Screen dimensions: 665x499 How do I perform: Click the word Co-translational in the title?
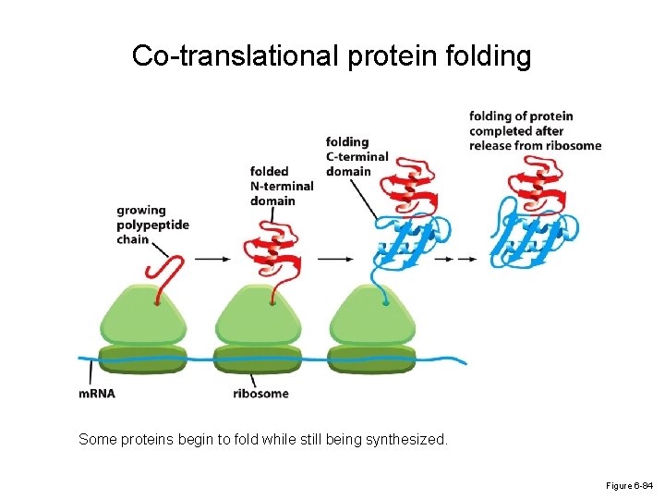[x=236, y=56]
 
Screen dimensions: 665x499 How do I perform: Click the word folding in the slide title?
[x=484, y=56]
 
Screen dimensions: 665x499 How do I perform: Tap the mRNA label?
[x=97, y=394]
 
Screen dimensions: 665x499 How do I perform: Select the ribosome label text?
[x=260, y=394]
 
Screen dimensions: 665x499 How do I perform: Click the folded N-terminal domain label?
[x=281, y=186]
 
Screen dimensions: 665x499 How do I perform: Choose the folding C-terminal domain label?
[x=357, y=156]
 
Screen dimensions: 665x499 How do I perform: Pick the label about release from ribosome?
[x=535, y=130]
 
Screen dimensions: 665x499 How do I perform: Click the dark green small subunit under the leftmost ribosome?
[x=142, y=359]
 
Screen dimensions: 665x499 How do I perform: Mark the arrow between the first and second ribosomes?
[x=213, y=260]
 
